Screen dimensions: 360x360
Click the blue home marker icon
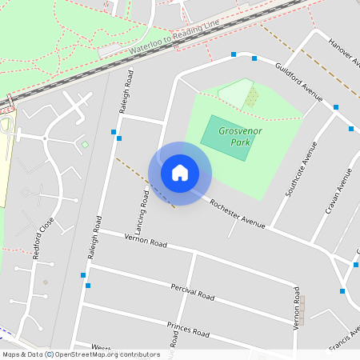pyautogui.click(x=180, y=173)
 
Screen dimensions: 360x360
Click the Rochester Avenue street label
pyautogui.click(x=237, y=214)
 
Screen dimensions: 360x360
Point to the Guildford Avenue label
pyautogui.click(x=298, y=82)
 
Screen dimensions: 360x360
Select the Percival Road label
pyautogui.click(x=192, y=291)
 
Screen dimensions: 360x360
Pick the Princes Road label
pyautogui.click(x=188, y=328)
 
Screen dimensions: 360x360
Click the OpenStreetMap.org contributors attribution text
pyautogui.click(x=109, y=354)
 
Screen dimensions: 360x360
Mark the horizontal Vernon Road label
pyautogui.click(x=144, y=241)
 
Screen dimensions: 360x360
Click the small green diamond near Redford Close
pyautogui.click(x=85, y=145)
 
